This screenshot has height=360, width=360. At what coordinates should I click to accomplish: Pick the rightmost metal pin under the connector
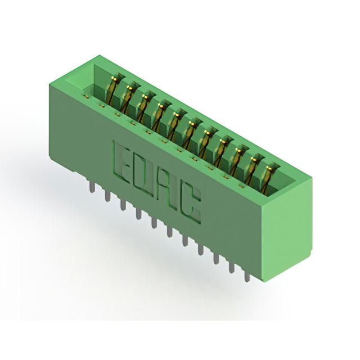click(x=247, y=276)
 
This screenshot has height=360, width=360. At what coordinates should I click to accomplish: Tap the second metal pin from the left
click(x=107, y=196)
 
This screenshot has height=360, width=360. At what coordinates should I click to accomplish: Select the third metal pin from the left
click(x=123, y=205)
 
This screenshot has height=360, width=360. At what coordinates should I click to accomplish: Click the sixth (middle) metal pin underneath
click(x=170, y=232)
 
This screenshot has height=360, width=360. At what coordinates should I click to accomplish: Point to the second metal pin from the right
click(x=231, y=268)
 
